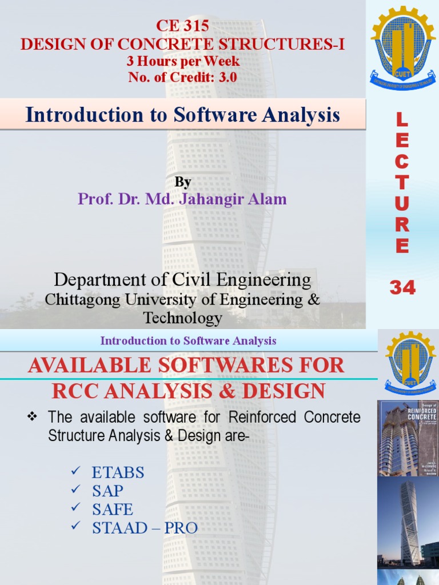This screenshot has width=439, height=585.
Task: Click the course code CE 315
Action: pos(182,26)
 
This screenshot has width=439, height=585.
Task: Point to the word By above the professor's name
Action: pos(182,182)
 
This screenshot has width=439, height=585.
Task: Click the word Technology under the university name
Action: pos(182,318)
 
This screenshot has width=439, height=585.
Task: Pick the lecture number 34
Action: pos(402,288)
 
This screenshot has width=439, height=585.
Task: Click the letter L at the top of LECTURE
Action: pos(402,121)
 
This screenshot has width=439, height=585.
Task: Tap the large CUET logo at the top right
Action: pos(402,49)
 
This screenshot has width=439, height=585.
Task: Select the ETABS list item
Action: pos(118,473)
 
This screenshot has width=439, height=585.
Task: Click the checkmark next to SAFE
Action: pos(74,508)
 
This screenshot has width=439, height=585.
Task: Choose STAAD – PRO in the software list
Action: pos(145,528)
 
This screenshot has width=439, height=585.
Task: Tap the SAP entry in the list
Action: pos(107,491)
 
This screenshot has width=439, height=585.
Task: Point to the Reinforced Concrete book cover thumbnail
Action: pos(408,438)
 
